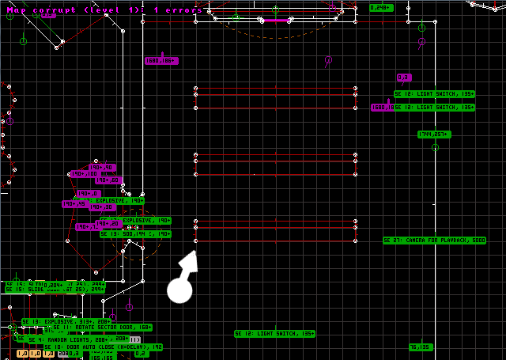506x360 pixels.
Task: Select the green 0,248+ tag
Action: coord(380,7)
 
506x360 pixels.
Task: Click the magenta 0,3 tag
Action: coord(404,78)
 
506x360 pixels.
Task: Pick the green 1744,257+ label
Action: coord(433,135)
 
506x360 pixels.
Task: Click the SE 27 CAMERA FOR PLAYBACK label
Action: coord(434,240)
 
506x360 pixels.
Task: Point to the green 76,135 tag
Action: coord(421,347)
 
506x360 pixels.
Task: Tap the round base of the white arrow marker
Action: coord(179,290)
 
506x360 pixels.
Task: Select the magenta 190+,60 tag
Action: coord(108,180)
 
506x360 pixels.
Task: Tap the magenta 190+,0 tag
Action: coord(88,193)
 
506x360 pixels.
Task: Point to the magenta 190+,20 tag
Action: coord(108,223)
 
